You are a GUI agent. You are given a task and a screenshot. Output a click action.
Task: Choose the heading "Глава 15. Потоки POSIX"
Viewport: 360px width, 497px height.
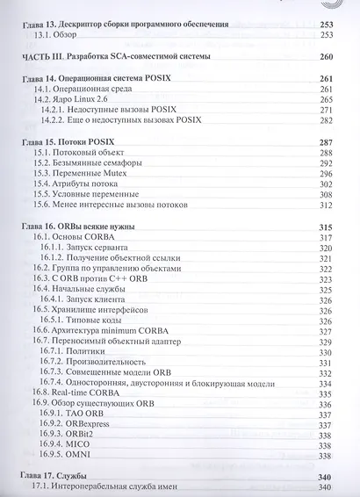coord(77,142)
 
